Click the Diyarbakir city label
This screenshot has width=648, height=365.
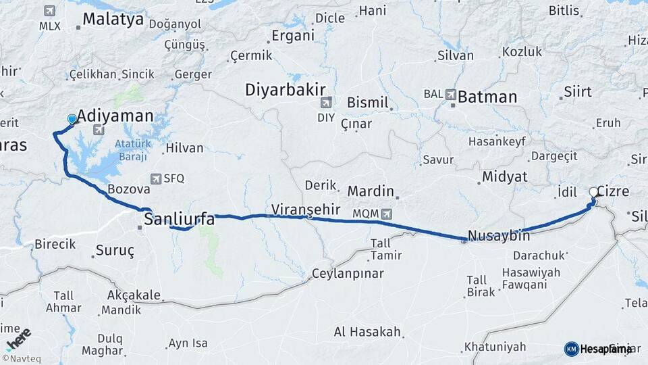285,89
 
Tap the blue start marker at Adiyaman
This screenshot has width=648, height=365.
72,120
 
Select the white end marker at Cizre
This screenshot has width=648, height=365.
594,193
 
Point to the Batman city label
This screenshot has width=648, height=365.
487,97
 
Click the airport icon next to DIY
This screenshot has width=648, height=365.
327,103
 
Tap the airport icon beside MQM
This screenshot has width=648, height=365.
386,214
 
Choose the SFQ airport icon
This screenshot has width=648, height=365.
157,178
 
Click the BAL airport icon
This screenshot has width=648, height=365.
450,95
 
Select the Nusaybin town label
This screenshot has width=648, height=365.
498,237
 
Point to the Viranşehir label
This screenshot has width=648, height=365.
305,209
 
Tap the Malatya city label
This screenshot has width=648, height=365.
113,19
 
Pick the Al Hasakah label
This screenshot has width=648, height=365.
367,333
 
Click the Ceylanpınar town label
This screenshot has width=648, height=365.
347,274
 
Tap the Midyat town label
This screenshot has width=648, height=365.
504,177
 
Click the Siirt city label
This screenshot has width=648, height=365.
577,91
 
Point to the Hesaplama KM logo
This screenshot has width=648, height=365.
598,349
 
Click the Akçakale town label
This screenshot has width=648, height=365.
134,295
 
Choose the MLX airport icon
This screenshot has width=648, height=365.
49,11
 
